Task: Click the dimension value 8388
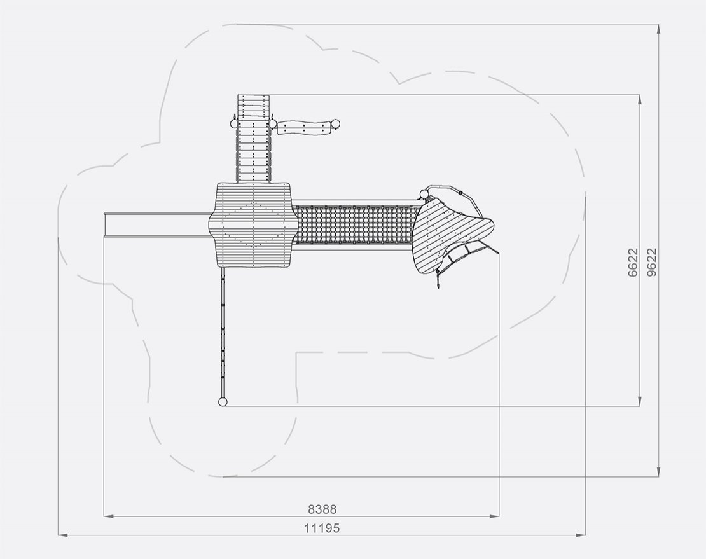pos(322,509)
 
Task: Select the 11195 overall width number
pos(322,528)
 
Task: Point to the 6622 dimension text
pos(633,263)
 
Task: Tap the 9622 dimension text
pos(651,263)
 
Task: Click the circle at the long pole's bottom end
pos(223,402)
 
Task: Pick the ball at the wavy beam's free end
pos(335,124)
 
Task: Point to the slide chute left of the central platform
pos(157,224)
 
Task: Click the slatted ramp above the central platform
pos(254,139)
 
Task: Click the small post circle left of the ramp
pos(233,123)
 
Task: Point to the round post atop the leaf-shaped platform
pos(424,194)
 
